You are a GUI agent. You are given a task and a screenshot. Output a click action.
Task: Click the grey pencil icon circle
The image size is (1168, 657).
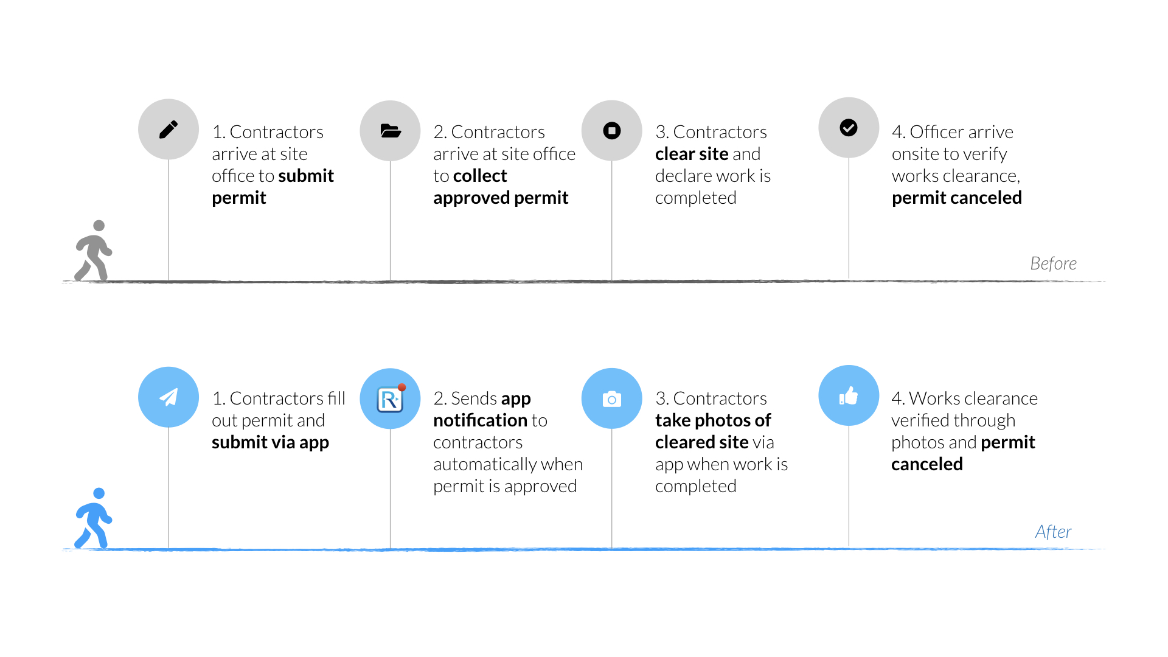[169, 130]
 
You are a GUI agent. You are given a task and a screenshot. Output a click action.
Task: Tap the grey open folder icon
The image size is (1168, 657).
[390, 131]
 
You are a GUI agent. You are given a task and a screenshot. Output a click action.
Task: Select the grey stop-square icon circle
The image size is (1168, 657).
[612, 131]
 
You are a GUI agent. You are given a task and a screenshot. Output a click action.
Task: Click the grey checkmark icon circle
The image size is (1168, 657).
[849, 128]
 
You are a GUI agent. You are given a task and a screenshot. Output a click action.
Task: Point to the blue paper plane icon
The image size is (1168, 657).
[169, 397]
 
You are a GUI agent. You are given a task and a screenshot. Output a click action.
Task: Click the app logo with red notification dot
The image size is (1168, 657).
[390, 398]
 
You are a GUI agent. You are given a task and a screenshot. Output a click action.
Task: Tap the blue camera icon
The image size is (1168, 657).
[612, 398]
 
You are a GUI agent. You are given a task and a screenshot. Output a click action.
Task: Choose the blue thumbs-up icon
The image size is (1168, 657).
[849, 395]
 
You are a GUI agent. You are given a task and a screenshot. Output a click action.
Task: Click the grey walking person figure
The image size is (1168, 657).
[94, 250]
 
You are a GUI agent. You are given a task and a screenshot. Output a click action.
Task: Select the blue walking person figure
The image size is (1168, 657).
[94, 518]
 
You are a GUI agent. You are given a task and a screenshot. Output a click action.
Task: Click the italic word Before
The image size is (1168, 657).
[1053, 263]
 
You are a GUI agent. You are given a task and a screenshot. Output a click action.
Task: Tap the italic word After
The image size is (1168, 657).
[1053, 532]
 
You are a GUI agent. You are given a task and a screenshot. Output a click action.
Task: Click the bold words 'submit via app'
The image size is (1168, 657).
[270, 443]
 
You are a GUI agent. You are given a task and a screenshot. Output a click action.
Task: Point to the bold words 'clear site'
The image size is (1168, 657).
[692, 154]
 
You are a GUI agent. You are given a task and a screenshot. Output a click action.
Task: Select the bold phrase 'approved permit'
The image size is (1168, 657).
[501, 198]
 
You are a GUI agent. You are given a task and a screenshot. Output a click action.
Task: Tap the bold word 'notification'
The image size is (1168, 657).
[481, 420]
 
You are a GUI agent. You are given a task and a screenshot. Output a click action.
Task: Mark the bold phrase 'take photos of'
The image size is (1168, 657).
[713, 421]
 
